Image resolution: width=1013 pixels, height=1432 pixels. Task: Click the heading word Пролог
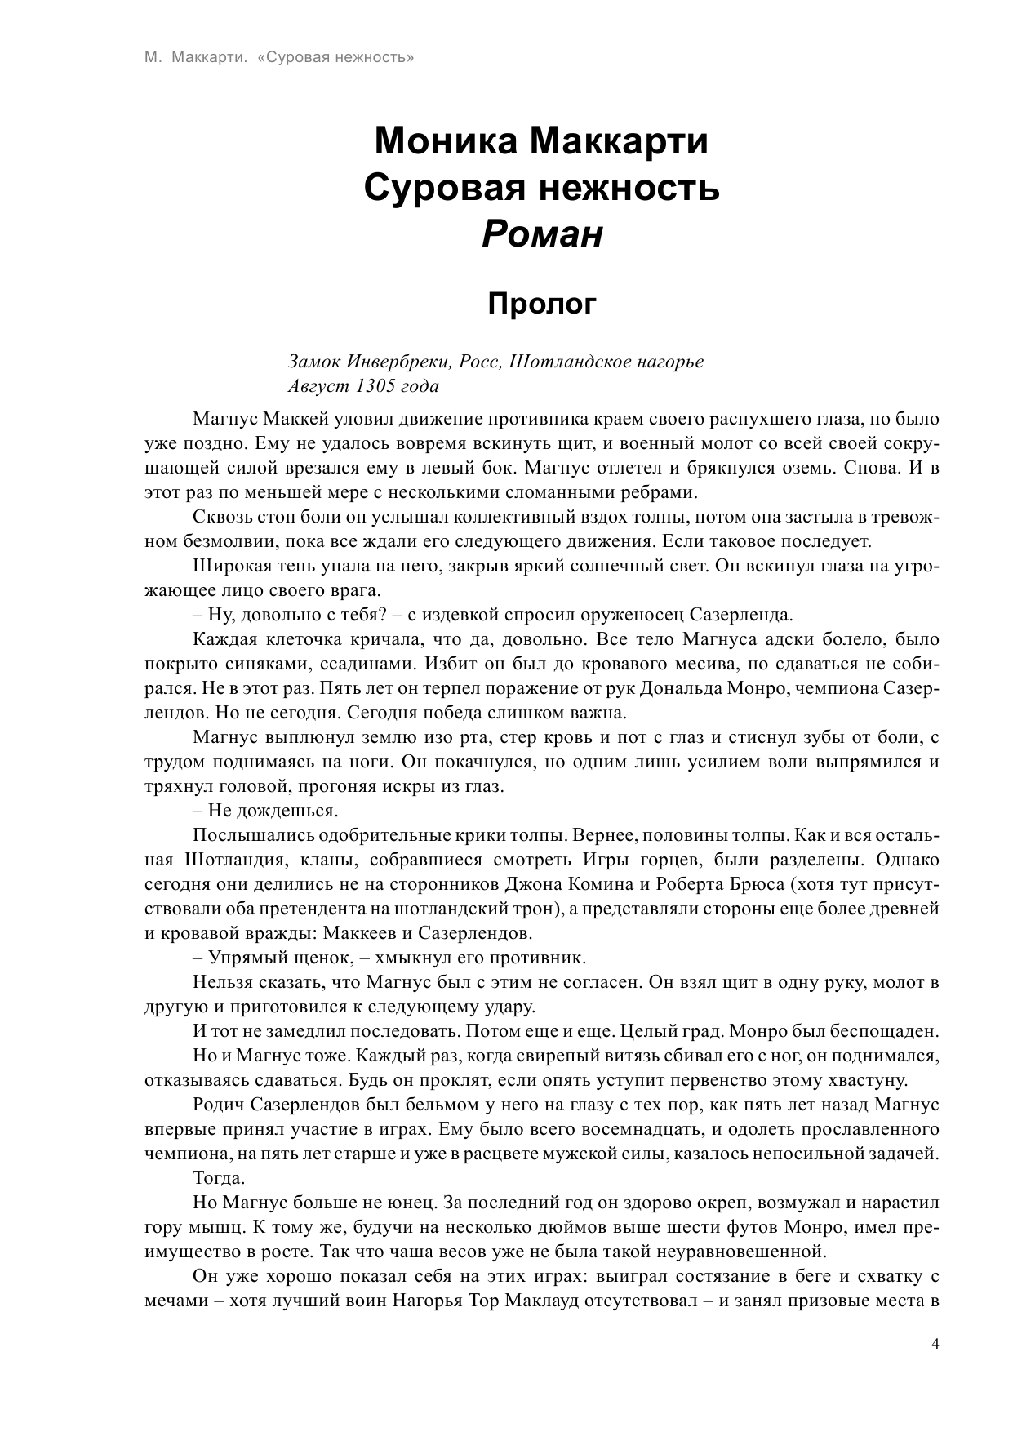543,304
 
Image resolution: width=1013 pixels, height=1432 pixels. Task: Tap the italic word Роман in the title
543,234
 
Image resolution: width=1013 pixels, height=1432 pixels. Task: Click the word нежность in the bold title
635,188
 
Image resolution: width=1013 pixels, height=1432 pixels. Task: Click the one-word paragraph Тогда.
218,1177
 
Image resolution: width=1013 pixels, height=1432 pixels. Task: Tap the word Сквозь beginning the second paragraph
220,516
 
